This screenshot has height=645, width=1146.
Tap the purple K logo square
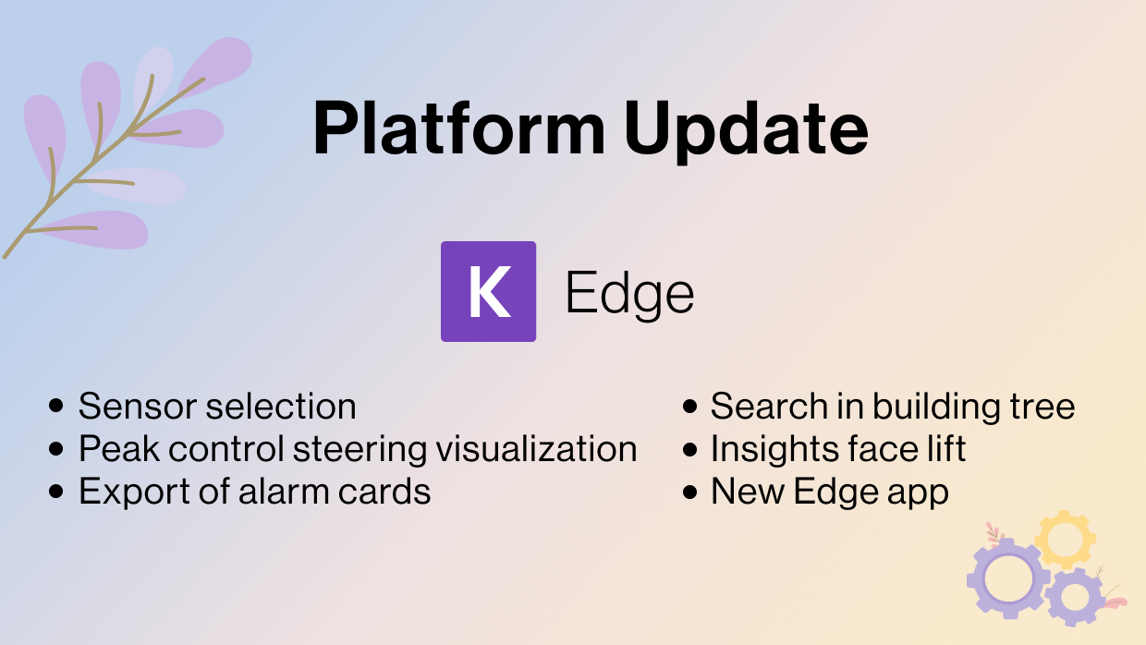[x=488, y=292]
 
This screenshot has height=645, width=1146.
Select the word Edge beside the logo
[x=629, y=295]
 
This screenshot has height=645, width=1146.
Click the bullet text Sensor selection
[x=217, y=406]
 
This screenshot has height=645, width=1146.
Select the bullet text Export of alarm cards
[x=254, y=492]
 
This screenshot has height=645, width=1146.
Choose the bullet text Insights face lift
[x=837, y=449]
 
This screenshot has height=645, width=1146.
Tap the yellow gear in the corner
[x=1065, y=539]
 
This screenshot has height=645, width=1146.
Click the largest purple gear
[x=1006, y=578]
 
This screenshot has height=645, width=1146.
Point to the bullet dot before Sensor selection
[x=57, y=406]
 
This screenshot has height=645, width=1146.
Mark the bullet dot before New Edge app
[x=689, y=493]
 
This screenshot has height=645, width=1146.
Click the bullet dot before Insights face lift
[x=689, y=450]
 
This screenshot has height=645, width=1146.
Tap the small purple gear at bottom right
[x=1075, y=596]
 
